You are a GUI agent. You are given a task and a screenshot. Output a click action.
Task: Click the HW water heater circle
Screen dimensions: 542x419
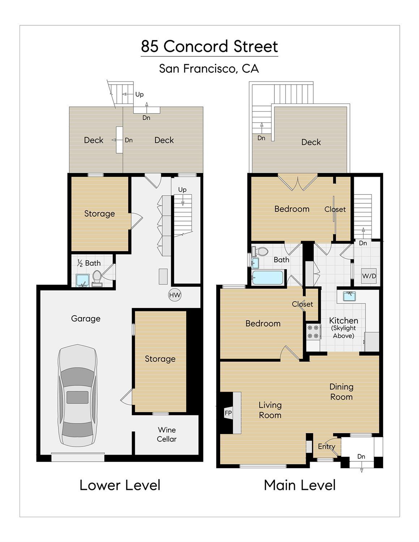click(175, 295)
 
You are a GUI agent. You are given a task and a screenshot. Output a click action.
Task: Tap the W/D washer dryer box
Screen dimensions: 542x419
click(369, 276)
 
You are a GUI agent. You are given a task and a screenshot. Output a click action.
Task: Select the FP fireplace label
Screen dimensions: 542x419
click(228, 413)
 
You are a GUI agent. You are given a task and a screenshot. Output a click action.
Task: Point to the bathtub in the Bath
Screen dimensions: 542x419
click(268, 278)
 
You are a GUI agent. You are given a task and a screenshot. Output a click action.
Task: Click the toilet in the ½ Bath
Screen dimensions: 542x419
click(97, 278)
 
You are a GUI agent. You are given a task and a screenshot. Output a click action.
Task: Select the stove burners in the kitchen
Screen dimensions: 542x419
click(313, 332)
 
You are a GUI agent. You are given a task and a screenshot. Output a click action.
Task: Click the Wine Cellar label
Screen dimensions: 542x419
click(167, 434)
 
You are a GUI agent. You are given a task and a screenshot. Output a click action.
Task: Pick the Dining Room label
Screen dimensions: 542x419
click(341, 392)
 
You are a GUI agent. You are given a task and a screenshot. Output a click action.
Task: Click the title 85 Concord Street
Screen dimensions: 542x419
click(209, 46)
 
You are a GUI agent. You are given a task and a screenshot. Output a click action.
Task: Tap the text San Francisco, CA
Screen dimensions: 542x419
click(209, 68)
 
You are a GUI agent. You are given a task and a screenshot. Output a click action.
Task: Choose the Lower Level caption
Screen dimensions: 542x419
click(120, 485)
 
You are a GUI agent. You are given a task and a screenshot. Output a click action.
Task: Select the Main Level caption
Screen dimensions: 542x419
click(300, 485)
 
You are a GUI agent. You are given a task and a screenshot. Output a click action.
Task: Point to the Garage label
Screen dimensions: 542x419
click(86, 319)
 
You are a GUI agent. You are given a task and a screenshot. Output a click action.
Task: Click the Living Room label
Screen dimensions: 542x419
click(270, 410)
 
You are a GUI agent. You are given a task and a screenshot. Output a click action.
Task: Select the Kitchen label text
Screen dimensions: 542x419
click(343, 321)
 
